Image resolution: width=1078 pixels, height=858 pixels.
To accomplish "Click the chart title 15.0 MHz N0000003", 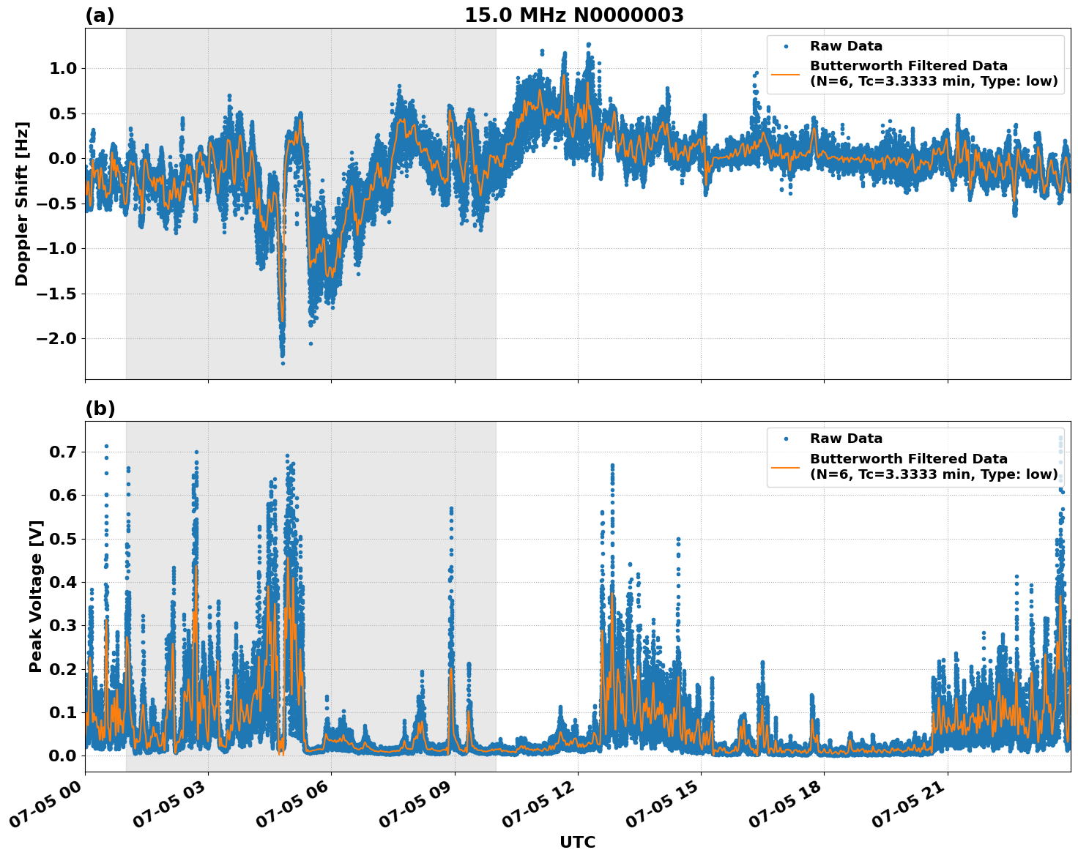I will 573,15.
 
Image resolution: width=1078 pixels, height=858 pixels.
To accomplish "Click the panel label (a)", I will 100,15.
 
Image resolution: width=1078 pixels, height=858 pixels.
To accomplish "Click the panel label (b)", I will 100,409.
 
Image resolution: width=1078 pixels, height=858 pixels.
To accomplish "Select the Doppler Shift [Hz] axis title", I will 22,204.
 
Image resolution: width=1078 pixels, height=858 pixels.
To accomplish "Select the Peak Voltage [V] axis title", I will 35,596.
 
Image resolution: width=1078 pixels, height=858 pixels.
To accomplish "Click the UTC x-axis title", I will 577,842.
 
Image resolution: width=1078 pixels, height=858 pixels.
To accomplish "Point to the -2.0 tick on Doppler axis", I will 56,339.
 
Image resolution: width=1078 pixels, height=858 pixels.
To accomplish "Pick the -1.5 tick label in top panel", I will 56,294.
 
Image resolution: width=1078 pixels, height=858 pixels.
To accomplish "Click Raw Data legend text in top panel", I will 846,46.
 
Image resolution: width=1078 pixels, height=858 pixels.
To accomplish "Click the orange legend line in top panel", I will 785,74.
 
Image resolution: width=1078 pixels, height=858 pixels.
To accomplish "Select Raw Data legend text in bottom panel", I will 846,439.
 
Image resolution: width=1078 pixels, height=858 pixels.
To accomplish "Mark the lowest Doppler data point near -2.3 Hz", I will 283,363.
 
